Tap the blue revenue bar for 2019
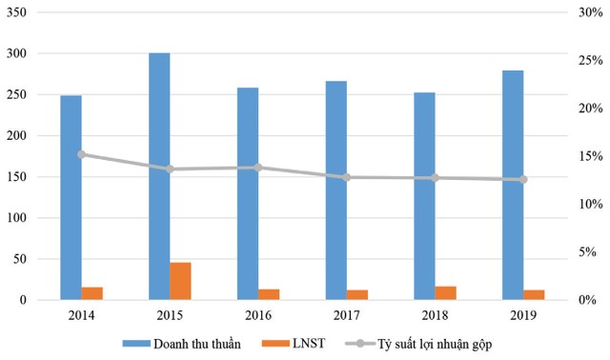click(x=513, y=186)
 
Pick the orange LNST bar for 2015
click(x=180, y=281)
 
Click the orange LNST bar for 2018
click(x=446, y=293)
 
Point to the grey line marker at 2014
click(x=82, y=154)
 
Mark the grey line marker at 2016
click(x=258, y=168)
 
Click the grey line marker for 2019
click(x=523, y=179)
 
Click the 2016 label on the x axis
click(x=258, y=313)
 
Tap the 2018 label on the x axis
click(x=435, y=313)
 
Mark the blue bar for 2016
click(x=247, y=194)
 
